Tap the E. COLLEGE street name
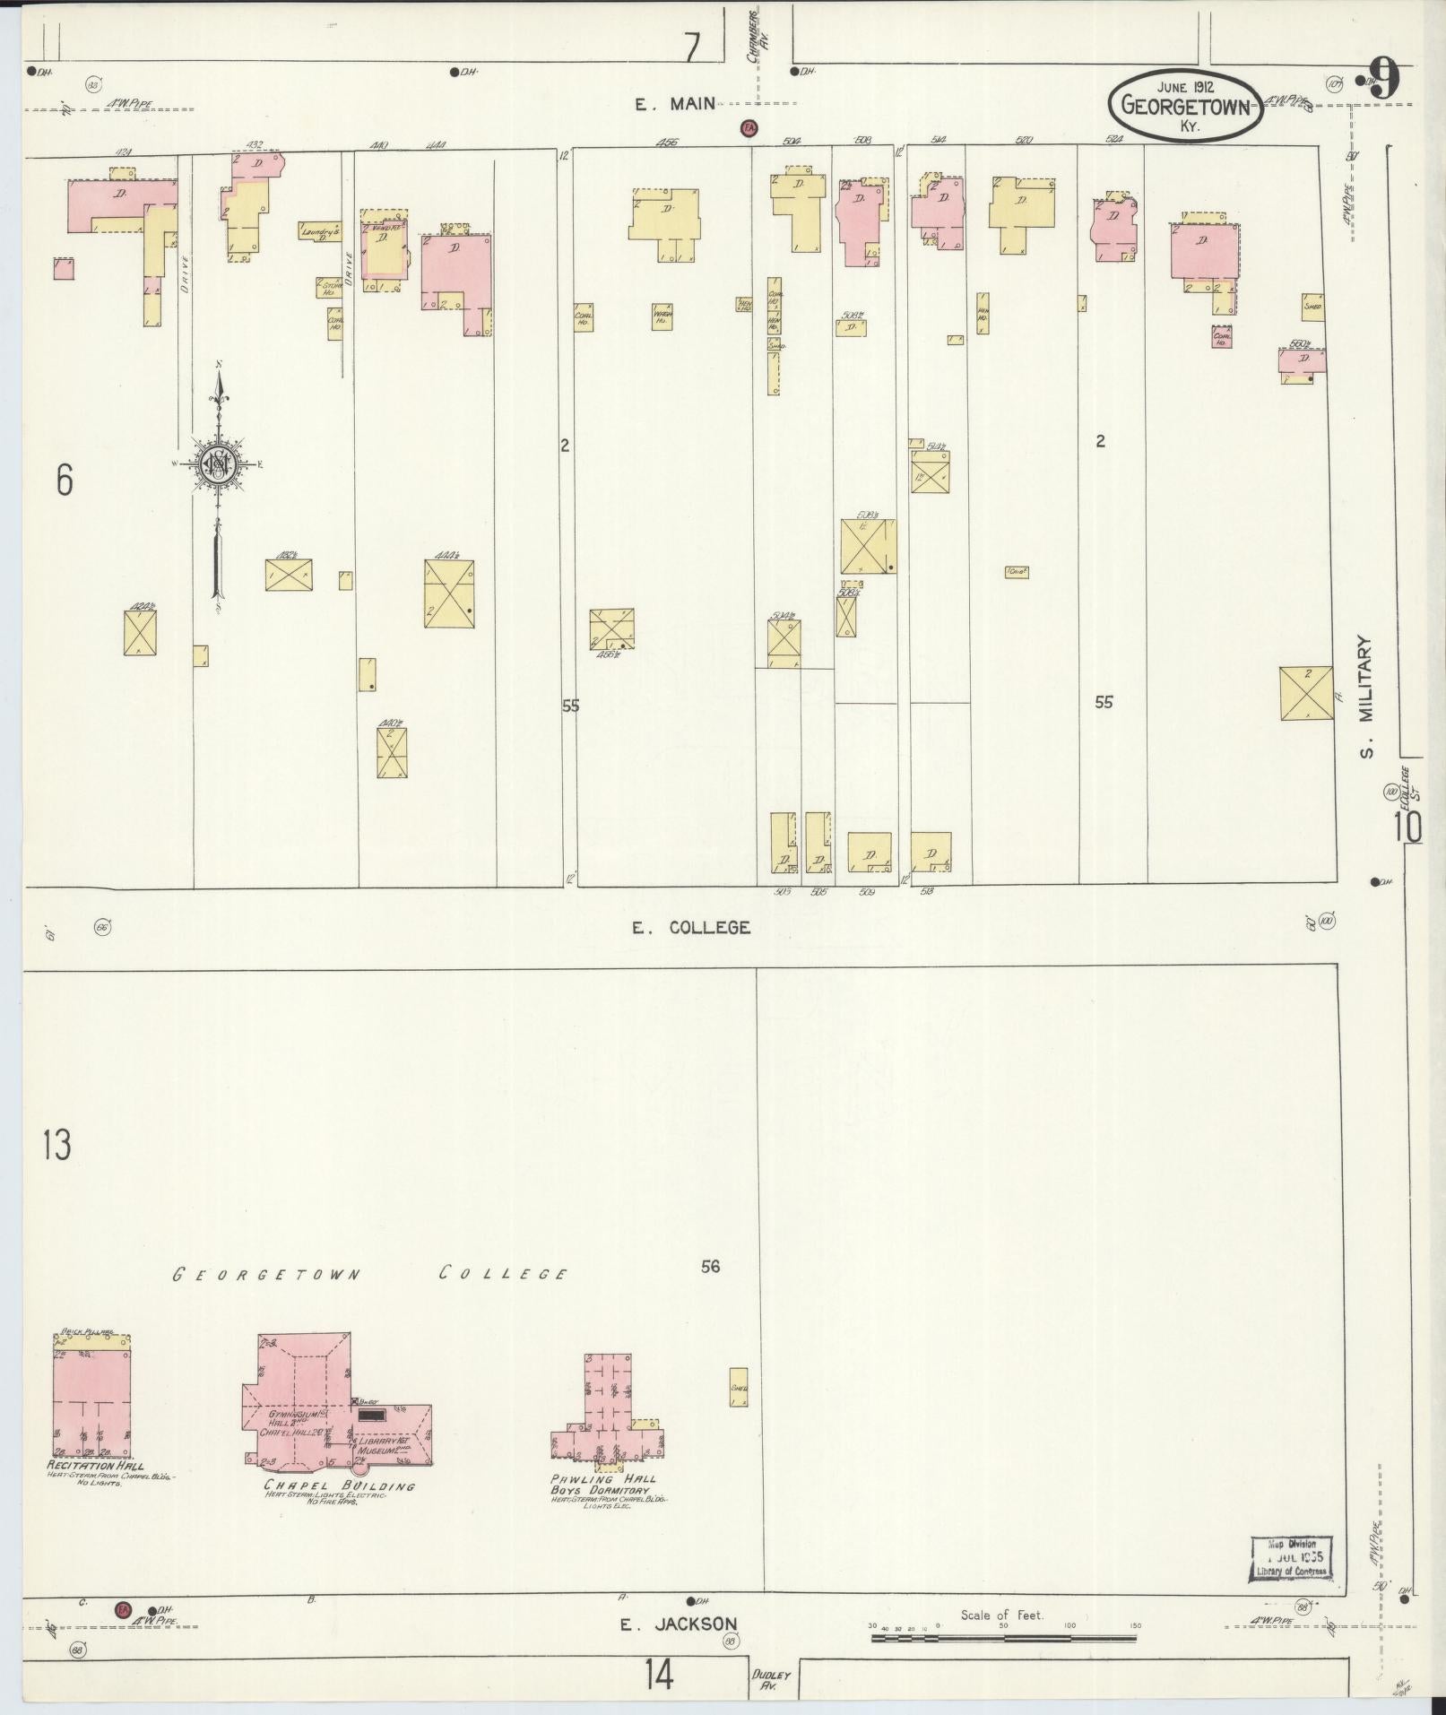pos(691,928)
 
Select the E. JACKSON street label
pos(679,1624)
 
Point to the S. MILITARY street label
pos(1365,697)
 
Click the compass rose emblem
pos(218,463)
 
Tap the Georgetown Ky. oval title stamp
pos(1185,105)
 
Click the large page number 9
pos(1384,82)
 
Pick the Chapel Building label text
pos(340,1485)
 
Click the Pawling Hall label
pos(604,1478)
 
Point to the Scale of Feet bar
pos(1003,1638)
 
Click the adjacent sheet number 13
pos(56,1145)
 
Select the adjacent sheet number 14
pos(659,1674)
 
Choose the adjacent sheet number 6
pos(64,481)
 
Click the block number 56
pos(710,1267)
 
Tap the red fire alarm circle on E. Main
pos(747,129)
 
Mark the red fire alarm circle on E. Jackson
pos(125,1610)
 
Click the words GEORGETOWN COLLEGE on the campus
pos(369,1274)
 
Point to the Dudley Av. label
pos(769,1678)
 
